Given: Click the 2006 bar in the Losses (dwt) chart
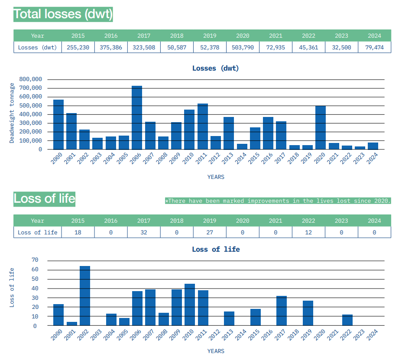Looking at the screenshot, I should [137, 117].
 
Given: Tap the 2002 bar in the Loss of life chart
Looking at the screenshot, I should [85, 296].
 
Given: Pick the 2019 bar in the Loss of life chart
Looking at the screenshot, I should [308, 313].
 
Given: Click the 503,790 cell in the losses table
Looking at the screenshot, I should [243, 47].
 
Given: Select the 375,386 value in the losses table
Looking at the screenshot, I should [111, 47].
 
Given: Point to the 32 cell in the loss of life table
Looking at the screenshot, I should [144, 232].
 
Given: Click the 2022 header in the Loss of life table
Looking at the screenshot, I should [308, 221].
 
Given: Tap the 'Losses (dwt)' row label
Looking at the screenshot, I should [38, 47].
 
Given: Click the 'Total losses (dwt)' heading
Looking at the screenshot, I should [63, 14].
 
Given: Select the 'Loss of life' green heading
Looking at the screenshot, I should [45, 198].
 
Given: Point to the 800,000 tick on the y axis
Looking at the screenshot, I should [31, 79].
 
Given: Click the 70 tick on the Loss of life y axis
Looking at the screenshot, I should [35, 260].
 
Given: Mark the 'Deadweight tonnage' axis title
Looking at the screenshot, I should [12, 113].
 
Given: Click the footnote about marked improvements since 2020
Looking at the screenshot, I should [278, 201].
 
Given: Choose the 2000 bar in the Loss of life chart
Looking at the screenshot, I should [58, 315].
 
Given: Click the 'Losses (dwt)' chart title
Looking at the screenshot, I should [215, 68].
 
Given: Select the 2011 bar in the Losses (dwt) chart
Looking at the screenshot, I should [203, 126].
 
